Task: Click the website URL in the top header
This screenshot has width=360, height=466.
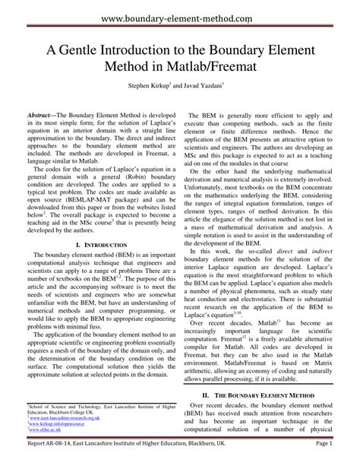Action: tap(179, 16)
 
